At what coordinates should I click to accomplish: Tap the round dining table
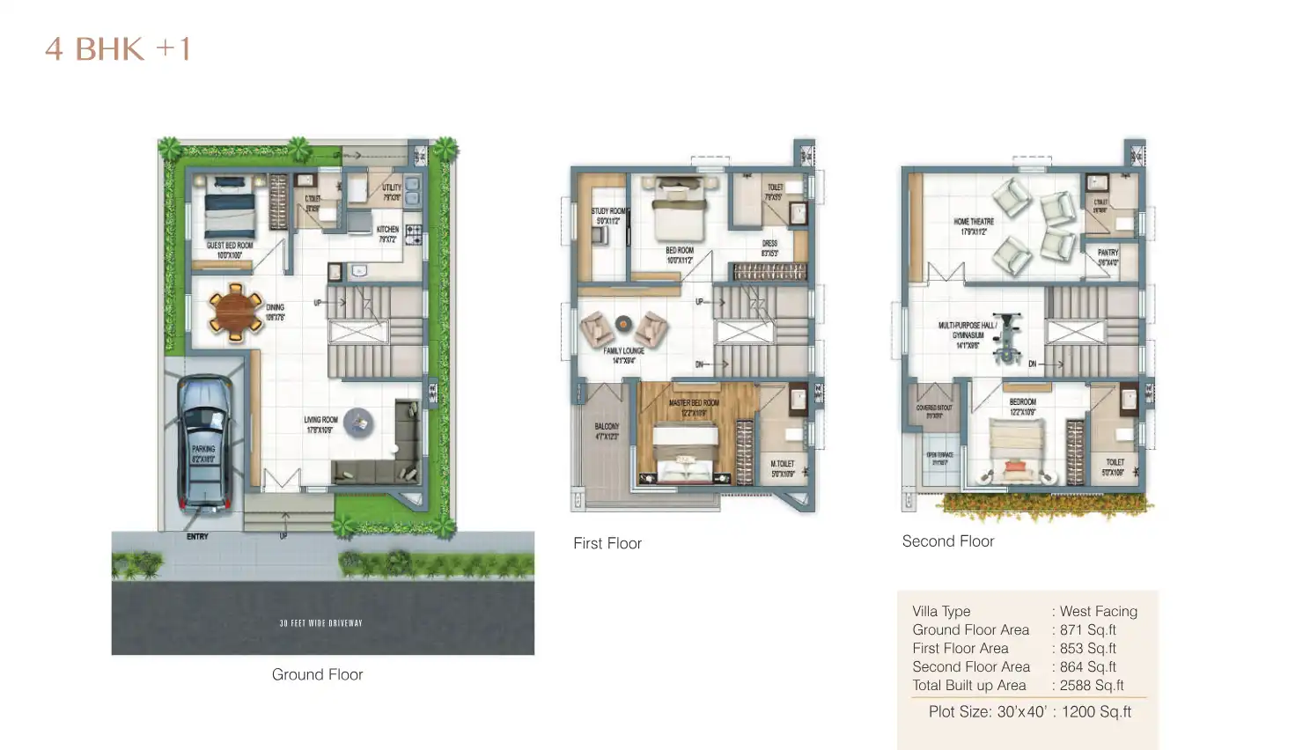tap(235, 311)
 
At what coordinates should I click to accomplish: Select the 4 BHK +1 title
tap(118, 49)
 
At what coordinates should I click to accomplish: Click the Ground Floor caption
tap(317, 674)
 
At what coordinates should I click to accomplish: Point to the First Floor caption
tap(607, 543)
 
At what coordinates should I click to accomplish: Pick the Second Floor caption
tap(948, 541)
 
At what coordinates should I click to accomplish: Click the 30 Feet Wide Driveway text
tap(321, 623)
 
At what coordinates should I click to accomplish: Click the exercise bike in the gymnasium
tap(1006, 337)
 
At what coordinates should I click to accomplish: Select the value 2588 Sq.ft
tap(1092, 685)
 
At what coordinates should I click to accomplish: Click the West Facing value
tap(1098, 611)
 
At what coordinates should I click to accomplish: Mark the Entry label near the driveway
tap(197, 536)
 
